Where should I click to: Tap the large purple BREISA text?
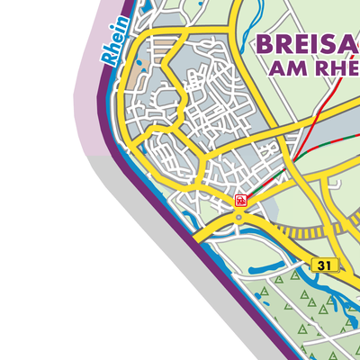(307, 43)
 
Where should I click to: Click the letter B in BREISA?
(266, 44)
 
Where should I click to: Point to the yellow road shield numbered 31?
(325, 265)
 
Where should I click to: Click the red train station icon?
(240, 200)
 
